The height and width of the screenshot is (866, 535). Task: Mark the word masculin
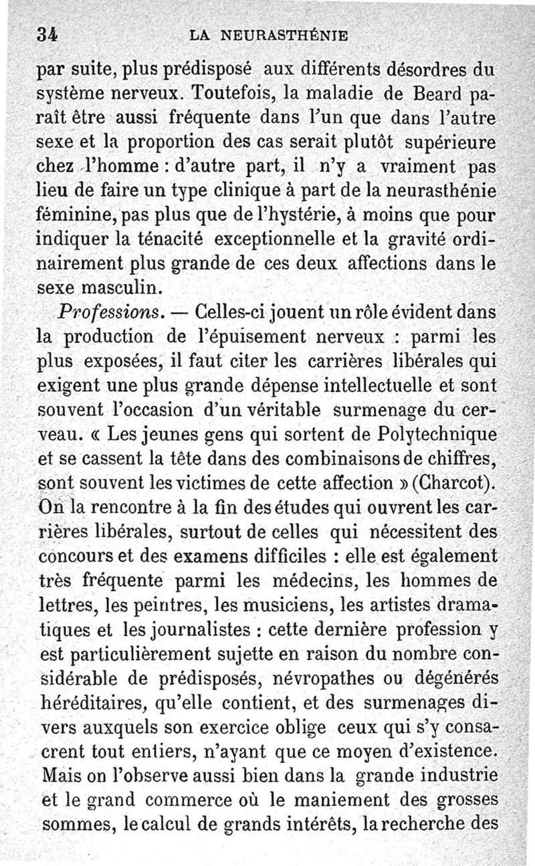tap(127, 288)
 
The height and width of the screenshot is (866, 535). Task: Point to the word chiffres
tap(462, 459)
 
